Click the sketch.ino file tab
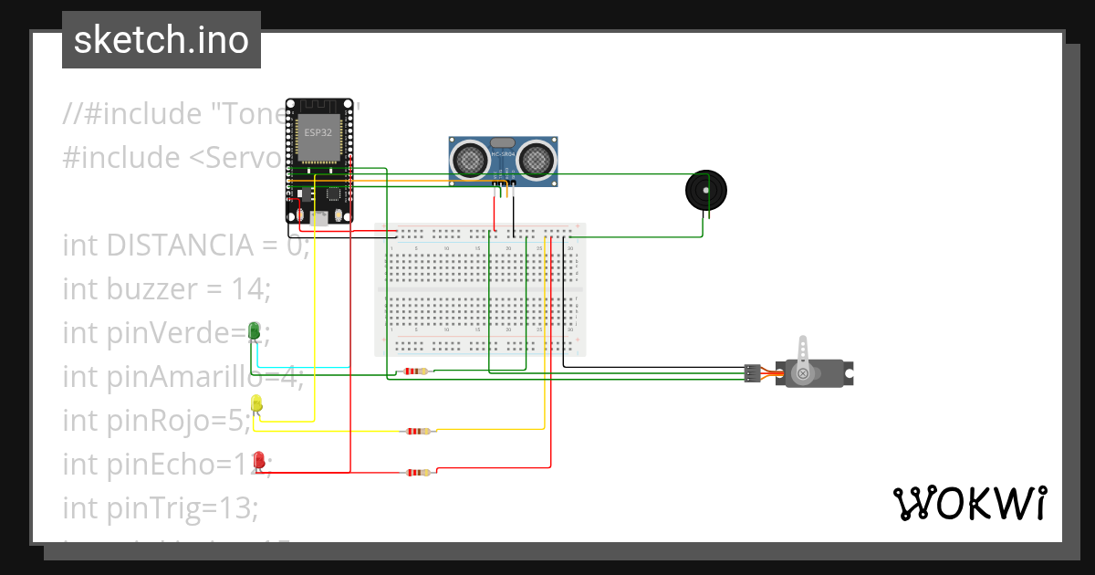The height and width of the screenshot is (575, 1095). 161,40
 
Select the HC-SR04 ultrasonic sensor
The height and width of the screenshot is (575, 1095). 503,162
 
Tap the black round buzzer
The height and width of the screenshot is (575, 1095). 706,191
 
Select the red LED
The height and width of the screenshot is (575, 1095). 259,460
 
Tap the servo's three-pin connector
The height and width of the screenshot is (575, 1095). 752,372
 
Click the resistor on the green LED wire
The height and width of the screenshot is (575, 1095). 416,371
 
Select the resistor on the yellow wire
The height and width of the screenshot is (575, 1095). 418,431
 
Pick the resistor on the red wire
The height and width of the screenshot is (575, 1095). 418,472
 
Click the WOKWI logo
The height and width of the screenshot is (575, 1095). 968,503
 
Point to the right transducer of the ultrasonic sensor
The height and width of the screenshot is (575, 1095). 535,159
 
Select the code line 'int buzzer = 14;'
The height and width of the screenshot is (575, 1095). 167,289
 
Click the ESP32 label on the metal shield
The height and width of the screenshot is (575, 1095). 318,133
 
